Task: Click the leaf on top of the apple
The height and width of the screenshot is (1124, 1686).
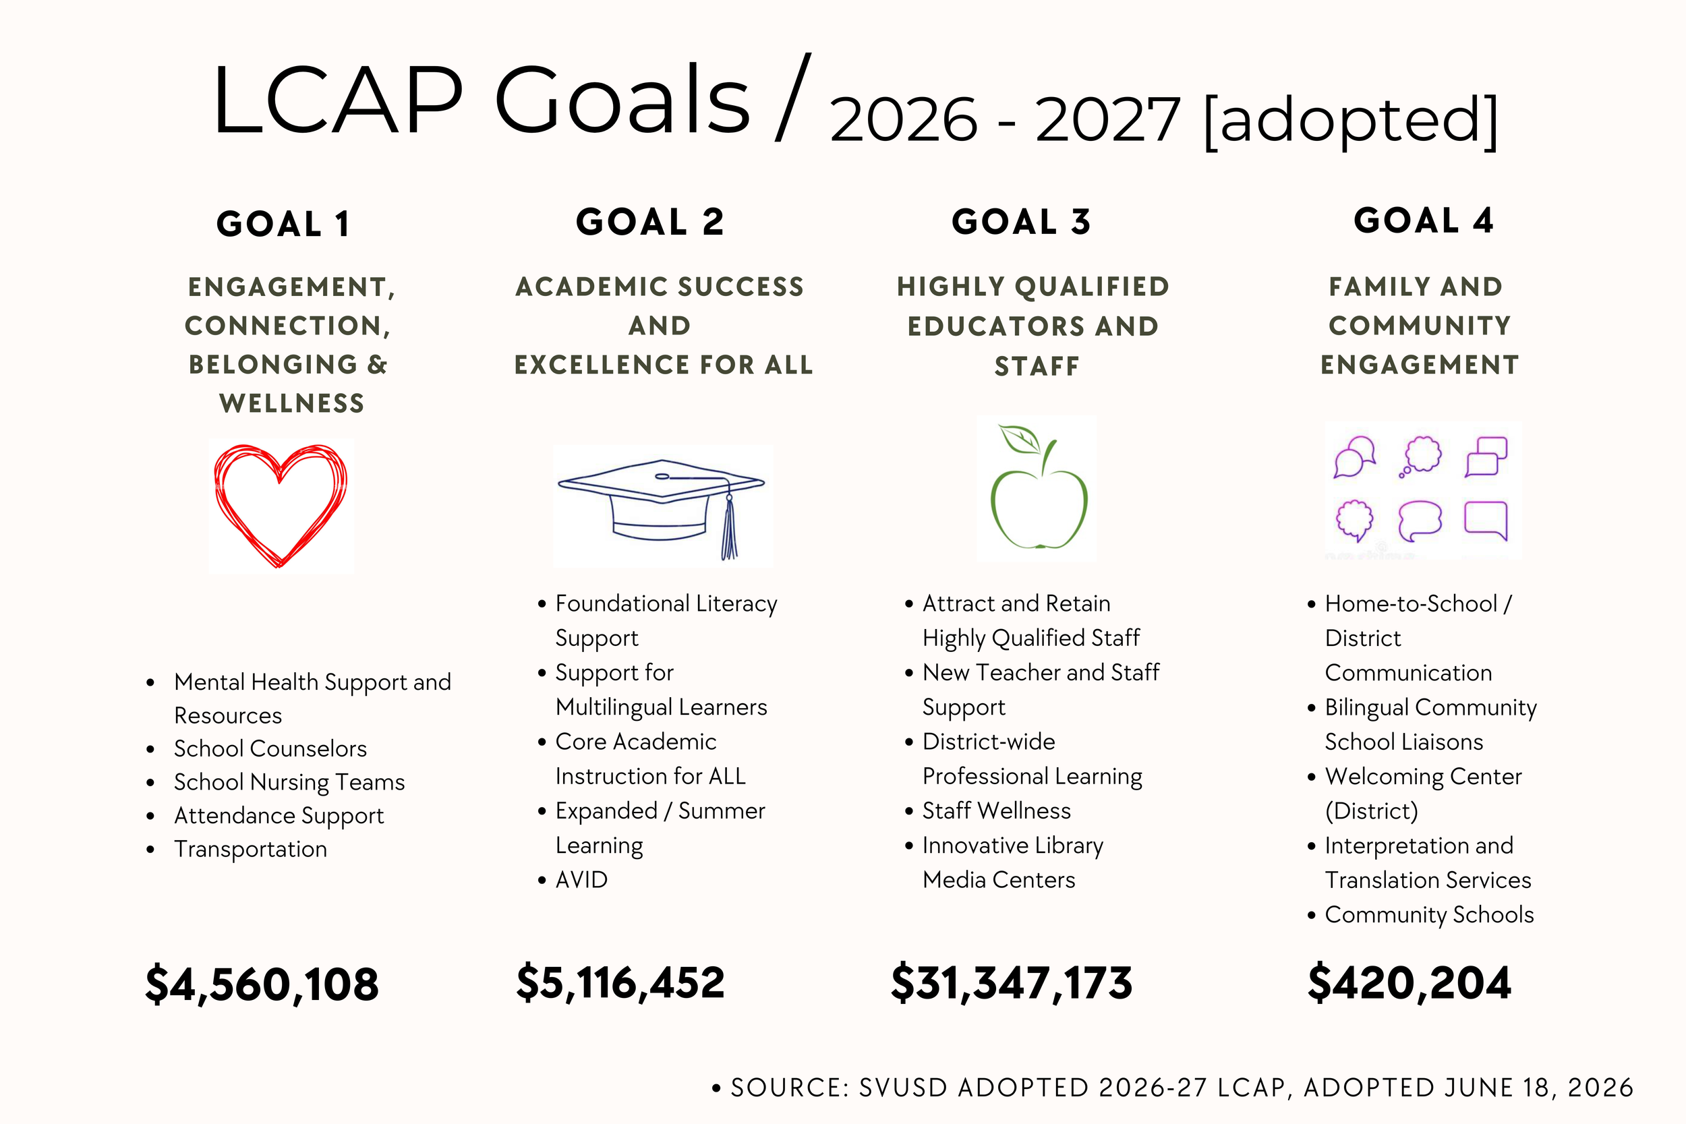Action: coord(1020,440)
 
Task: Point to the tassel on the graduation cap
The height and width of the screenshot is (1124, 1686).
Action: coord(730,527)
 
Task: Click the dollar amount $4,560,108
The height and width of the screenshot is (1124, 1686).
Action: coord(262,984)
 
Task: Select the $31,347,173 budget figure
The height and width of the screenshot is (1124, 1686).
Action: coord(1012,983)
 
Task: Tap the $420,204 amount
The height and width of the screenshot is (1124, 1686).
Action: coord(1409,983)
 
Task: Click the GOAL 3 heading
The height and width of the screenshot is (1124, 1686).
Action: coord(1022,222)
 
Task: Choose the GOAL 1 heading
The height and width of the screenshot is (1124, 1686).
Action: coord(284,224)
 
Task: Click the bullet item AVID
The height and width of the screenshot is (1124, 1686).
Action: coord(581,879)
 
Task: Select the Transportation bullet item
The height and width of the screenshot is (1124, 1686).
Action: coord(250,850)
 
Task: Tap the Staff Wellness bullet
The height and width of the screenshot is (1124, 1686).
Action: coord(996,810)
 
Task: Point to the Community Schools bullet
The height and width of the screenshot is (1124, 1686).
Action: coord(1429,915)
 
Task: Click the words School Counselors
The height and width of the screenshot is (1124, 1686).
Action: coord(270,749)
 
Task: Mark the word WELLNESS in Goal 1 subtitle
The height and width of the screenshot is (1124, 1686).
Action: coord(292,404)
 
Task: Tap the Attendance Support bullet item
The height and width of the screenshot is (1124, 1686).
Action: coord(279,817)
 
